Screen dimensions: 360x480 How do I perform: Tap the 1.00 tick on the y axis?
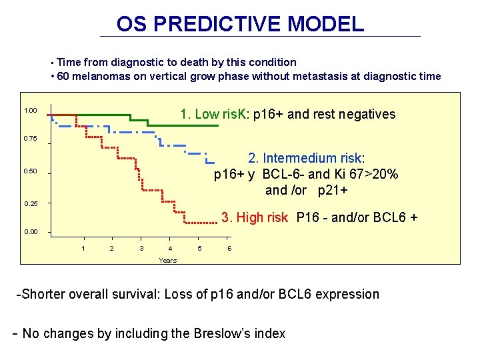30,111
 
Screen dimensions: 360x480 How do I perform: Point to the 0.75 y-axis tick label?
30,139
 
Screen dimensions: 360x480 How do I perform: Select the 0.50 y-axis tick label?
30,171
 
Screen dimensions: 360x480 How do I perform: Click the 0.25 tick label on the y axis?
30,203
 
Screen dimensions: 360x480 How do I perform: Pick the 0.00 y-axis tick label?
30,232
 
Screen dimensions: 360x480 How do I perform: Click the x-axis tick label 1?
83,249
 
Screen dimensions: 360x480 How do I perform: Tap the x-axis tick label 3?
141,249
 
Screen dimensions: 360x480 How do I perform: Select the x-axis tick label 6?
229,249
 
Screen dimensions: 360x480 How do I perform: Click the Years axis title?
167,260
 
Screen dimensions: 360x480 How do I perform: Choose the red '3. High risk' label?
255,217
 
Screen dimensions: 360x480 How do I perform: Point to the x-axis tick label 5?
199,249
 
